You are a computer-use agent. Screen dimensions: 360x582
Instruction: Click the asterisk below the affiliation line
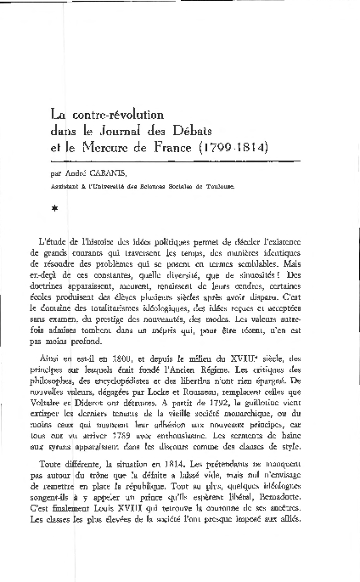coord(55,206)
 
